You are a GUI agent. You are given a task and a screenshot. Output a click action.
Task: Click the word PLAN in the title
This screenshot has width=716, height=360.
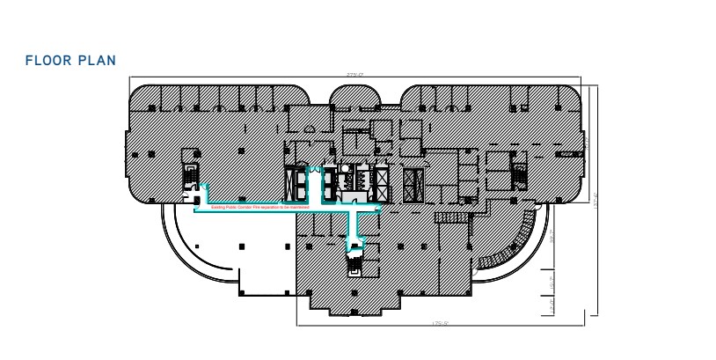pyautogui.click(x=98, y=60)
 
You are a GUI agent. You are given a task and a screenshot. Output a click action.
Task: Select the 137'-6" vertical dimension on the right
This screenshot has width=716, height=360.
pyautogui.click(x=596, y=200)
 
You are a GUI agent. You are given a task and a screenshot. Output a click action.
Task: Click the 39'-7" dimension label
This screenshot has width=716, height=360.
pyautogui.click(x=552, y=237)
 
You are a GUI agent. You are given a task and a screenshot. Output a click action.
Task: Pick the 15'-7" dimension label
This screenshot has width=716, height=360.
pyautogui.click(x=552, y=284)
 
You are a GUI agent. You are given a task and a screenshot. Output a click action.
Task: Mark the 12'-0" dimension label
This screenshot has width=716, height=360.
pyautogui.click(x=552, y=306)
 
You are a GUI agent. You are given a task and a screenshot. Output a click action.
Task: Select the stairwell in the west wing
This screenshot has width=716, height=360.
pyautogui.click(x=187, y=178)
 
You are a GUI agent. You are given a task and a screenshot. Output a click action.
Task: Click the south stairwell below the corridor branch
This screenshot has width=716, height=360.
pyautogui.click(x=355, y=261)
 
